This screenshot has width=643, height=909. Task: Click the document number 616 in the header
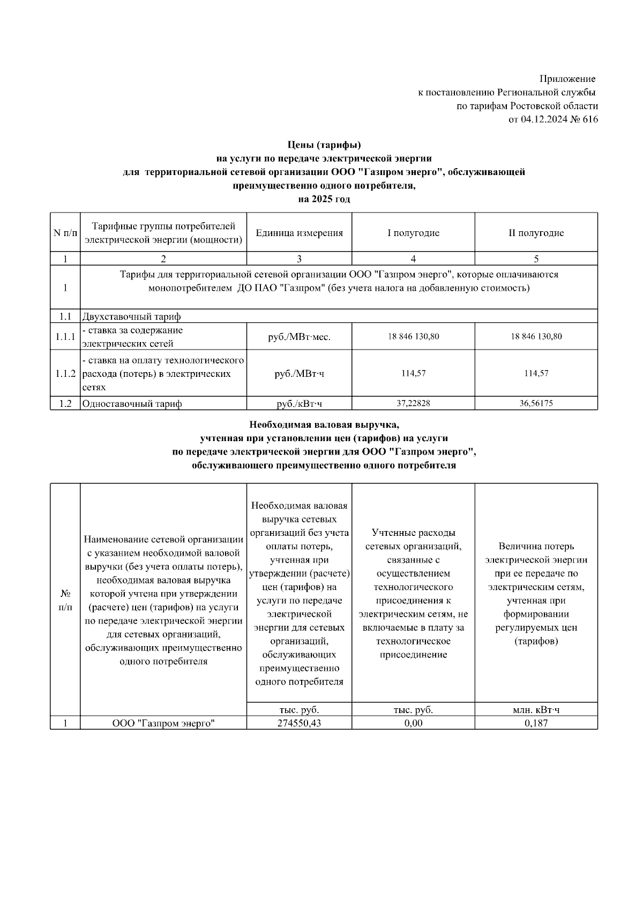(x=590, y=119)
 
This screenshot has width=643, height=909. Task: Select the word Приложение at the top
(x=567, y=79)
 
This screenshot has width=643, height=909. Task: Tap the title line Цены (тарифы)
(x=324, y=145)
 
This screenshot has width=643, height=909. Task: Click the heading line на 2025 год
(x=324, y=199)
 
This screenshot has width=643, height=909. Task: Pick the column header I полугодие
(x=413, y=233)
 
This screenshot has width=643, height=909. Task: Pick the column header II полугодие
(x=536, y=233)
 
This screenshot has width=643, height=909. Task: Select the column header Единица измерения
(x=299, y=233)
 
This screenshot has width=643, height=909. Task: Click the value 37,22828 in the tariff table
(x=413, y=404)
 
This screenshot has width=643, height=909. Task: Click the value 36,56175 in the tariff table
(x=536, y=404)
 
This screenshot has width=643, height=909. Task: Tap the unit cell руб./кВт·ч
(x=299, y=404)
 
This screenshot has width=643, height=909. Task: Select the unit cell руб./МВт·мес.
(x=299, y=337)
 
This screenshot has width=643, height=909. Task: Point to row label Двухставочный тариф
(x=131, y=316)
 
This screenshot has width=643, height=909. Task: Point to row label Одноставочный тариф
(x=131, y=404)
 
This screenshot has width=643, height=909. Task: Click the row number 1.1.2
(x=65, y=373)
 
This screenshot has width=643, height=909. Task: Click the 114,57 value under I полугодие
(x=413, y=373)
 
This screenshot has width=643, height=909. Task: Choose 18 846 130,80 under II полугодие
(x=536, y=337)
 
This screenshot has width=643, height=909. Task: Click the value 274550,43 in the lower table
(x=299, y=723)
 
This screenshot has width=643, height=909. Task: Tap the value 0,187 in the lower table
(x=536, y=723)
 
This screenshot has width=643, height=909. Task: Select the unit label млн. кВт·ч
(x=536, y=710)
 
